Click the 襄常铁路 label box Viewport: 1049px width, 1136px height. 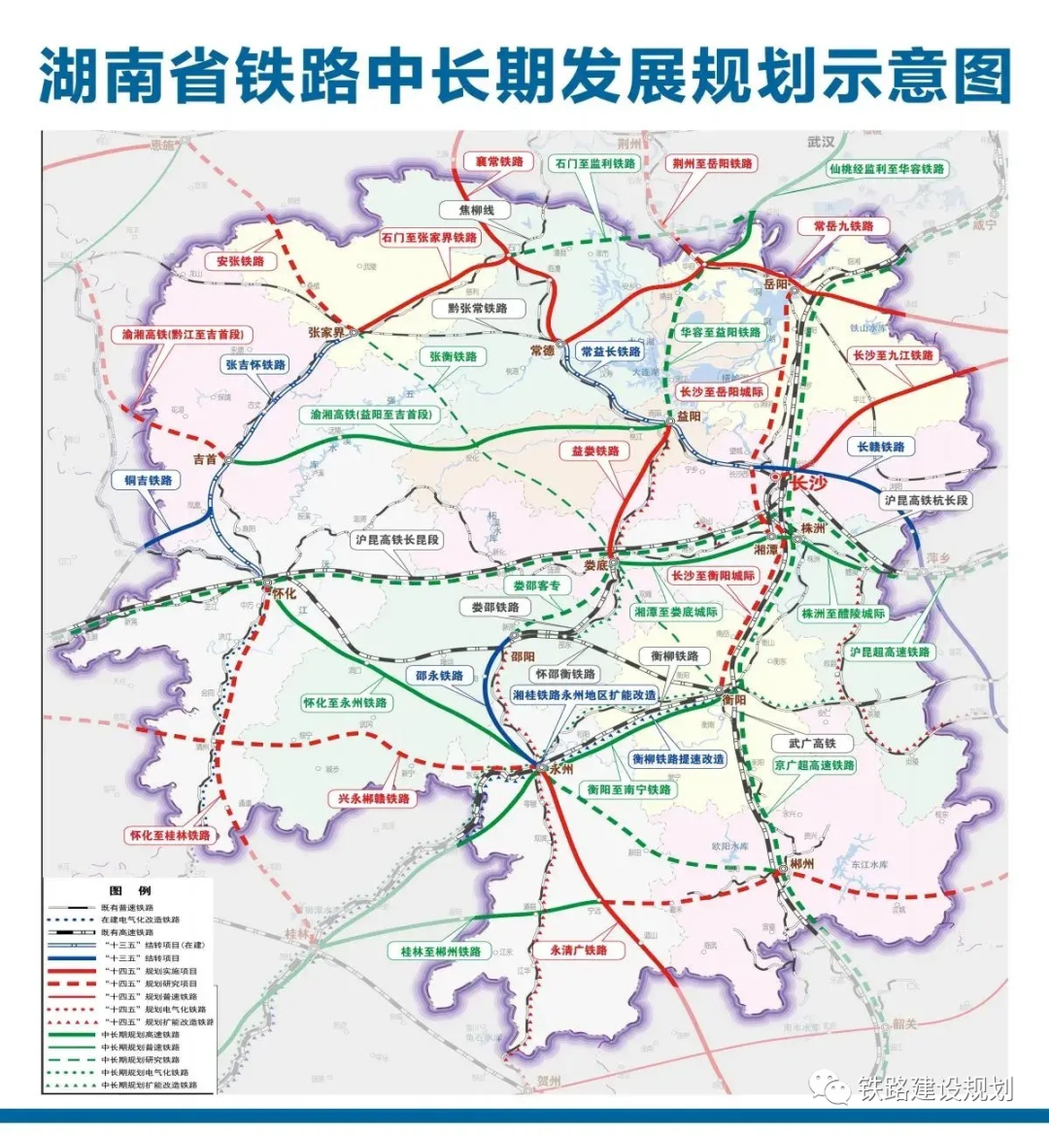499,161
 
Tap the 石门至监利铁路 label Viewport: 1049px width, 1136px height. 595,163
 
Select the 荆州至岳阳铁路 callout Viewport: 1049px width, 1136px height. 713,163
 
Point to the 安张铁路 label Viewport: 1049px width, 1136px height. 241,261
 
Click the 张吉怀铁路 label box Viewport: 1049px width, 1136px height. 255,365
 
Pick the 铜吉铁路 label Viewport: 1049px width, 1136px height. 148,480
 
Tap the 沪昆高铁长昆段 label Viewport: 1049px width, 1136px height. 396,539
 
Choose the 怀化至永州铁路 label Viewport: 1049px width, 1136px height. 345,702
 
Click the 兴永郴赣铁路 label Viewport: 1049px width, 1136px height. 374,798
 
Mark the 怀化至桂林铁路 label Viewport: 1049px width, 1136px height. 170,835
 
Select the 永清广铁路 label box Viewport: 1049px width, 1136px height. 578,950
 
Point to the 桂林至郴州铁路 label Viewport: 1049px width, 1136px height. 441,952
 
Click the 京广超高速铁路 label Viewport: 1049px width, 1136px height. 814,765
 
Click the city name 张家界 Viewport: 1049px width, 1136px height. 325,331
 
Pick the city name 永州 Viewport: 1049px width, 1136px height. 560,768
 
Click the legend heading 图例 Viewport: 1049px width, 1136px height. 129,890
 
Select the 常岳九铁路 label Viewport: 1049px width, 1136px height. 843,225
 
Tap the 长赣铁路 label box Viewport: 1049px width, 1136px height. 881,447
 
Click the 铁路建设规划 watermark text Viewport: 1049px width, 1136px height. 935,1088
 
